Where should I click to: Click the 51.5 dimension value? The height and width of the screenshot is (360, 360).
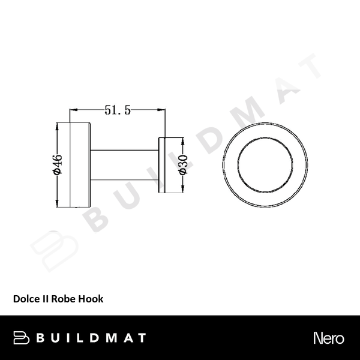pos(118,110)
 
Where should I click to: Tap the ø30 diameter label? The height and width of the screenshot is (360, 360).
pos(184,164)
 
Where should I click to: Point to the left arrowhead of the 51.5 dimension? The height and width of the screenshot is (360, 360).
pos(74,110)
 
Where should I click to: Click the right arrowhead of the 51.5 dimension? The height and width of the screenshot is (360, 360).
pos(163,110)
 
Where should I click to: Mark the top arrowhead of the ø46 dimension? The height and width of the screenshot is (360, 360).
pos(58,126)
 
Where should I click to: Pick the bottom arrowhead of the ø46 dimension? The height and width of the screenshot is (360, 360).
pos(58,202)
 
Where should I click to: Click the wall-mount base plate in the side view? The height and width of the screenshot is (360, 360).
pos(81,164)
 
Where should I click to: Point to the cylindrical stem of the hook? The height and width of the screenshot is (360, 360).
pos(124,164)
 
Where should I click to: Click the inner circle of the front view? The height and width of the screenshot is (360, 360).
pos(265,164)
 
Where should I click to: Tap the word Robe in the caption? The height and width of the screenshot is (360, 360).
pos(64,298)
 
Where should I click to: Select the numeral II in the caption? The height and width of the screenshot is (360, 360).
pos(46,298)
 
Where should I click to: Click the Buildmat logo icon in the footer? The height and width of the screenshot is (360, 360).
pos(23,337)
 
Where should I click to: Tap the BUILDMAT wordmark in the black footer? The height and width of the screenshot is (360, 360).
pos(89,337)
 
